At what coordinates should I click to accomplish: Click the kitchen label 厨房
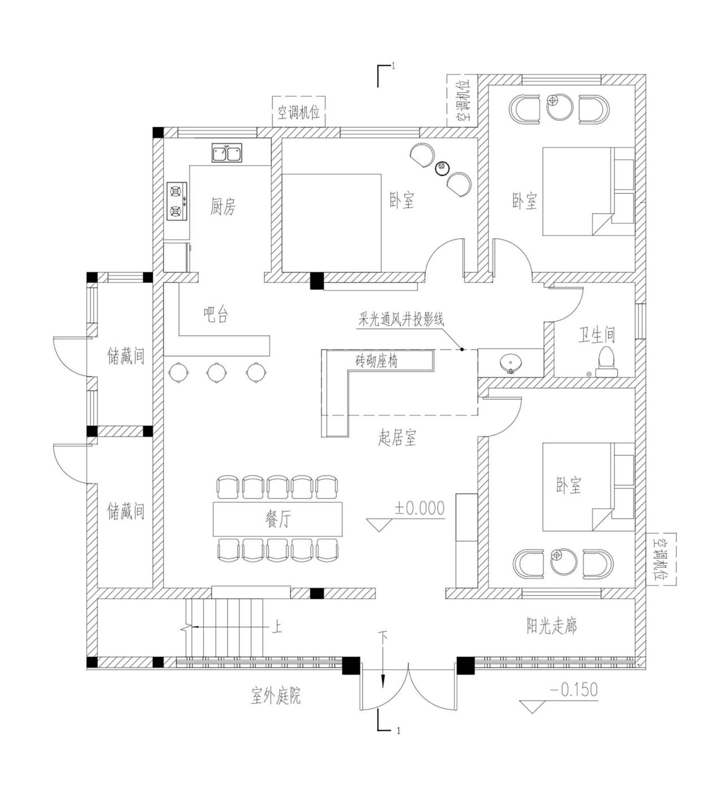223,207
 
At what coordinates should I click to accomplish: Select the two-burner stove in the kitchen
176,201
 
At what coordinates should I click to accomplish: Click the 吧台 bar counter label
216,315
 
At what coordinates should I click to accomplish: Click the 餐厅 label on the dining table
278,519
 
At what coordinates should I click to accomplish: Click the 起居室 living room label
397,437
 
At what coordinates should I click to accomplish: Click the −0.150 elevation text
573,690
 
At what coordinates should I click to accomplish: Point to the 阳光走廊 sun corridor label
551,626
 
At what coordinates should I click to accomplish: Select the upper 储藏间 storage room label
126,356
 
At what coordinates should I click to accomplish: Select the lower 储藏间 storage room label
126,511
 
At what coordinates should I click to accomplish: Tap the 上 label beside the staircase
277,627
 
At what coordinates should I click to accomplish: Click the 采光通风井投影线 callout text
401,319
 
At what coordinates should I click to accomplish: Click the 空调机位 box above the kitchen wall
298,112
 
